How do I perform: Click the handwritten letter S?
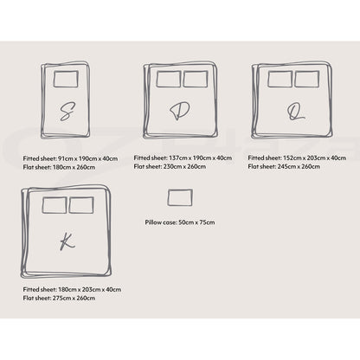(67, 112)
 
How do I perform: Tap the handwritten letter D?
(179, 111)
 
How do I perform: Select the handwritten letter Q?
(295, 112)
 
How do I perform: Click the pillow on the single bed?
(66, 79)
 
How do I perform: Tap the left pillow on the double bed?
(169, 79)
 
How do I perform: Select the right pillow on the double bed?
(196, 79)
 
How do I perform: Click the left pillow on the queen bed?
(280, 79)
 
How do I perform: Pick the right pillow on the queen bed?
(306, 79)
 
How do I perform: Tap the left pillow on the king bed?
(55, 205)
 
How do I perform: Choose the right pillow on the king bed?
(81, 205)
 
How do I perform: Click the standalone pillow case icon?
(180, 197)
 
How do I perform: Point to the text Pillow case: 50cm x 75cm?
(180, 222)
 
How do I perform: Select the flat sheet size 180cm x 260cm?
(74, 167)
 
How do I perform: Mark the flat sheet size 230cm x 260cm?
(184, 167)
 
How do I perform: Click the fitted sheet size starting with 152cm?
(314, 158)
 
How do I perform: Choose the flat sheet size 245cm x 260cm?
(299, 167)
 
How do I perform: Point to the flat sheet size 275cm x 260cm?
(74, 299)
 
